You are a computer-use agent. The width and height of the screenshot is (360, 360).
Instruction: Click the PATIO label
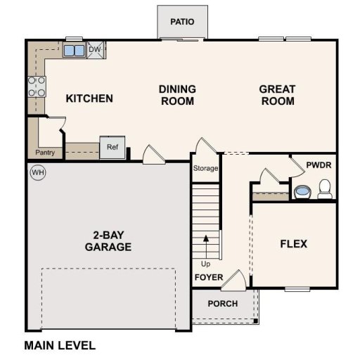point(182,22)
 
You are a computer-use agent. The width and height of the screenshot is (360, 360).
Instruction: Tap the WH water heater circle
point(37,173)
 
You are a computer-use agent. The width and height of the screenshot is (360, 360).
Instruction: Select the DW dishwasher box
point(95,49)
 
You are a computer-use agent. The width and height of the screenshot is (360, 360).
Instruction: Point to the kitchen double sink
point(73,50)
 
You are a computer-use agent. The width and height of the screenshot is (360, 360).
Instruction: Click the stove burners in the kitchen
point(36,86)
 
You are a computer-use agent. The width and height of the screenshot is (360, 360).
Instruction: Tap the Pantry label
point(45,153)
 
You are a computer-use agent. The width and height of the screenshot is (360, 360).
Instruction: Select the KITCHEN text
point(89,98)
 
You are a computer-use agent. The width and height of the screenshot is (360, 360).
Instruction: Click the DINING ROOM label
point(176,95)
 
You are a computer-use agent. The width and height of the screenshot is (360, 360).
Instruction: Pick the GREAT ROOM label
point(277,95)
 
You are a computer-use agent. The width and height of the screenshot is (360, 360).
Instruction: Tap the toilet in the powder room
point(325,188)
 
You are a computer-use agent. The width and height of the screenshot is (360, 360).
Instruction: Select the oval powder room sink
point(302,191)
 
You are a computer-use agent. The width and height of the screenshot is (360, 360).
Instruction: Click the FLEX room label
point(293,244)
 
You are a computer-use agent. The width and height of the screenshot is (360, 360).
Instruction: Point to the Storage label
point(206,169)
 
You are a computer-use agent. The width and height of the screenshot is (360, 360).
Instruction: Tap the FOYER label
point(209,278)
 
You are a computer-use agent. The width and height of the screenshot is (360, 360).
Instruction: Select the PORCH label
point(222,304)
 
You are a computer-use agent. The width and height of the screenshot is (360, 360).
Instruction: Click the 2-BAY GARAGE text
point(108,241)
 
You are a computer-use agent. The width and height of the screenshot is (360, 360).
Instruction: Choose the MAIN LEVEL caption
point(60,345)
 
